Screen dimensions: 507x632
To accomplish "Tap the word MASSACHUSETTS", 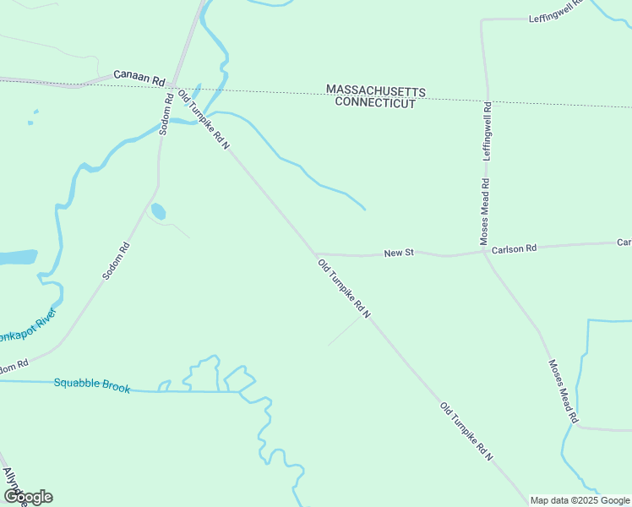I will pyautogui.click(x=376, y=90).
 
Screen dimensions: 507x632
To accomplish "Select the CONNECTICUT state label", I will pyautogui.click(x=375, y=103).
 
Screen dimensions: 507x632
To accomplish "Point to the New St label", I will pyautogui.click(x=398, y=253).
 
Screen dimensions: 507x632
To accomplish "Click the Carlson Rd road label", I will pyautogui.click(x=515, y=248).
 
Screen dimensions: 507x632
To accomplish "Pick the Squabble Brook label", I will pyautogui.click(x=92, y=384).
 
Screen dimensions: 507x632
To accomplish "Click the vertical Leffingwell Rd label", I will pyautogui.click(x=488, y=131).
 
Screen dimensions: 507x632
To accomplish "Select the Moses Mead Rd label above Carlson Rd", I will pyautogui.click(x=485, y=211).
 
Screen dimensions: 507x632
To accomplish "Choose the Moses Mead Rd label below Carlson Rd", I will pyautogui.click(x=563, y=391).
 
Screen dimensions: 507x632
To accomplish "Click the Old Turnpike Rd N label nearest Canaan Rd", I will pyautogui.click(x=204, y=118).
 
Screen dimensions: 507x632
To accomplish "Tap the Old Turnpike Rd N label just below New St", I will pyautogui.click(x=345, y=288).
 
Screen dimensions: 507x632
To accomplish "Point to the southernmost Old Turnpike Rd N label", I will pyautogui.click(x=466, y=430).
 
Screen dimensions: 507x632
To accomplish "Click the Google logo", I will pyautogui.click(x=27, y=497).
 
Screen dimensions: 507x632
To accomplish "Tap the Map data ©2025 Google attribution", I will pyautogui.click(x=580, y=500).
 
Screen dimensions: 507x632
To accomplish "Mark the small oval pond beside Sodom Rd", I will pyautogui.click(x=158, y=211).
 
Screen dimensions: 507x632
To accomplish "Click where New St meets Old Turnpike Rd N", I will pyautogui.click(x=316, y=253).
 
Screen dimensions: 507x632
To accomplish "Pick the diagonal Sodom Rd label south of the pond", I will pyautogui.click(x=116, y=261).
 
